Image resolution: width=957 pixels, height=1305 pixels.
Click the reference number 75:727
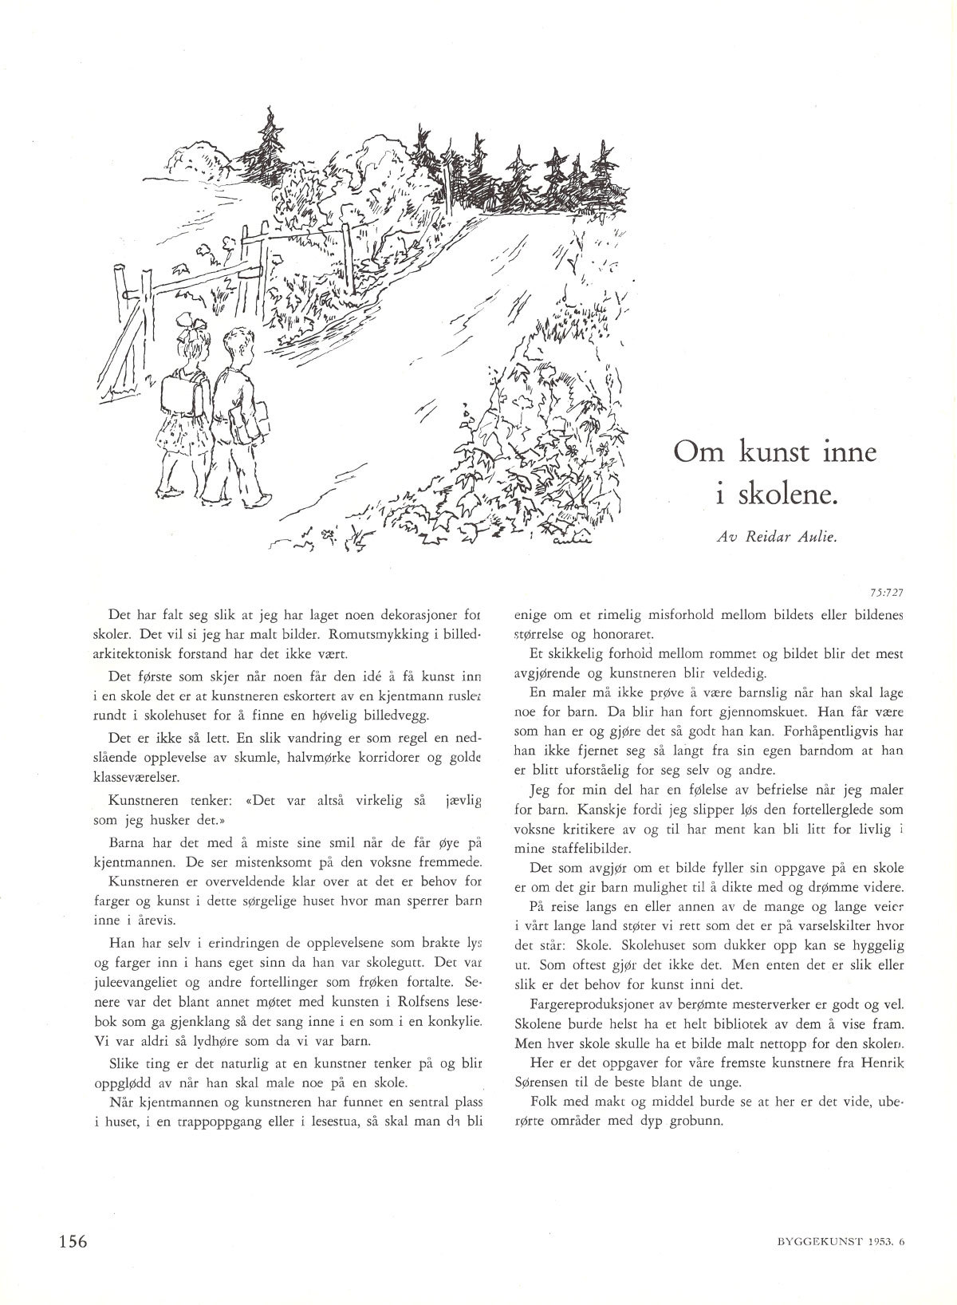(x=887, y=593)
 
